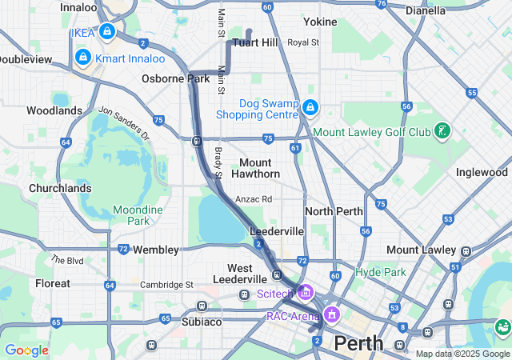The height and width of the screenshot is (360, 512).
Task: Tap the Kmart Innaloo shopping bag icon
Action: pos(82,58)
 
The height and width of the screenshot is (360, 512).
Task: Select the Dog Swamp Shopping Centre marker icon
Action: pos(310,107)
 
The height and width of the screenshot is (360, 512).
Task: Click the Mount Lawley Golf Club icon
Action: pos(442,130)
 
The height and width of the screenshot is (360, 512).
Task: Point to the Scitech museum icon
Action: pos(304,294)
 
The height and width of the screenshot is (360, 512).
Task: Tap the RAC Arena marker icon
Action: pos(329,314)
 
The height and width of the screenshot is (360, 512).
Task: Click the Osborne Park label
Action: pos(175,78)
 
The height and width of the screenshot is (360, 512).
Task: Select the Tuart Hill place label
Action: pos(255,42)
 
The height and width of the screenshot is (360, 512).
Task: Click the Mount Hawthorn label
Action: pos(255,168)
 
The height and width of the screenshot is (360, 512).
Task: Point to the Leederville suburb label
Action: pos(278,230)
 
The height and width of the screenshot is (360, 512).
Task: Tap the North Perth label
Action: pos(334,211)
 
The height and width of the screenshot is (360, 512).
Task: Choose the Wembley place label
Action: pos(155,250)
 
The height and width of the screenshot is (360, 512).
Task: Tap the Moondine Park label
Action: pos(138,215)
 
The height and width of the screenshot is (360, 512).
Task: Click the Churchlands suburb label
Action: pos(59,189)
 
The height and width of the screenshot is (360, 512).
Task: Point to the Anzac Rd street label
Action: pos(254,199)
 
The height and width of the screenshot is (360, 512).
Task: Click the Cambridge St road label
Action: pos(166,285)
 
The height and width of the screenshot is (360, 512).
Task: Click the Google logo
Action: pos(26,350)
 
